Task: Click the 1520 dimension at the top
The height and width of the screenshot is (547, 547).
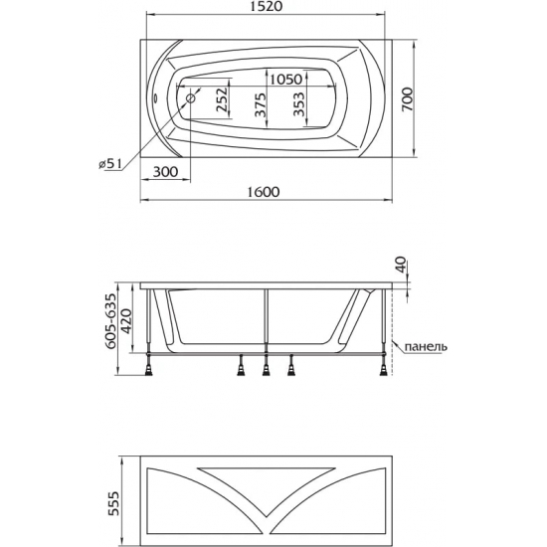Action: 266,6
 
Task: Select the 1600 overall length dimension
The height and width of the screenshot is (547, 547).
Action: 264,192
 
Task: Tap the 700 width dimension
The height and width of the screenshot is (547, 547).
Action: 407,99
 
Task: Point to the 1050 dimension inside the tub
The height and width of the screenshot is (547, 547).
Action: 286,80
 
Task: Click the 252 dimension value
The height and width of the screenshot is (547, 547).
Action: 222,99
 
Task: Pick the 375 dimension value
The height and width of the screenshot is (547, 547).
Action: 261,104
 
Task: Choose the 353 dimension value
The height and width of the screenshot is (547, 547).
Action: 299,104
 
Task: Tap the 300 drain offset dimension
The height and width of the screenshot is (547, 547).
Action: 165,172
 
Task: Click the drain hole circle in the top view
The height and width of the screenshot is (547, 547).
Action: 191,98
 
